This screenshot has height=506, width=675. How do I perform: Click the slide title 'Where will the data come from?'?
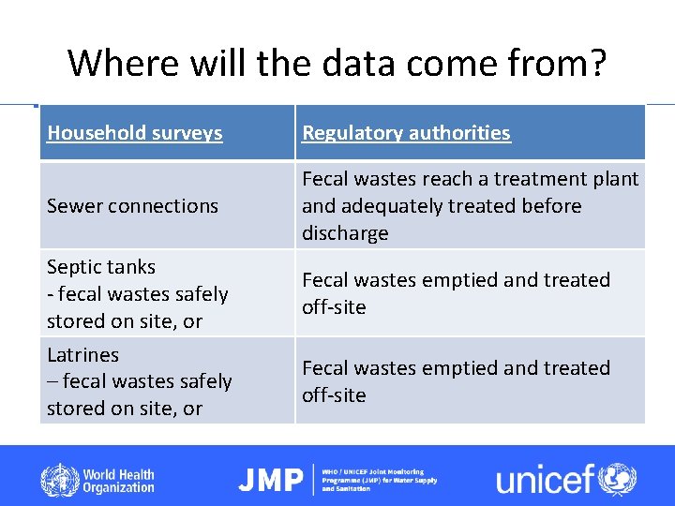coord(337,64)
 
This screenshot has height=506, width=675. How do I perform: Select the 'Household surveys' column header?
coord(135,133)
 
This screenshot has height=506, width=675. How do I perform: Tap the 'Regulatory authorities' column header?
coord(406,133)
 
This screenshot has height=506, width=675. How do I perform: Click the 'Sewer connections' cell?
coord(132,206)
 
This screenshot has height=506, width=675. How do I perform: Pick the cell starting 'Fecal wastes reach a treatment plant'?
coord(470,205)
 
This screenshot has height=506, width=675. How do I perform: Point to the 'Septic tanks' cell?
coord(138,293)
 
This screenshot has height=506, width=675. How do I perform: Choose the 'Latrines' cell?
coord(140,381)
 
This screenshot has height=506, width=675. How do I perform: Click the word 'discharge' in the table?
coord(345,233)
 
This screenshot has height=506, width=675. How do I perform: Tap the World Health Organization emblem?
coord(59,481)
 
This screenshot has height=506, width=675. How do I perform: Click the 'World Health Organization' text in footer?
coord(118,481)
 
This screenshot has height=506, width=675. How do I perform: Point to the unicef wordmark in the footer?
coord(545,480)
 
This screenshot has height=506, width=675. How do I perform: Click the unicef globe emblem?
coord(618,479)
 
